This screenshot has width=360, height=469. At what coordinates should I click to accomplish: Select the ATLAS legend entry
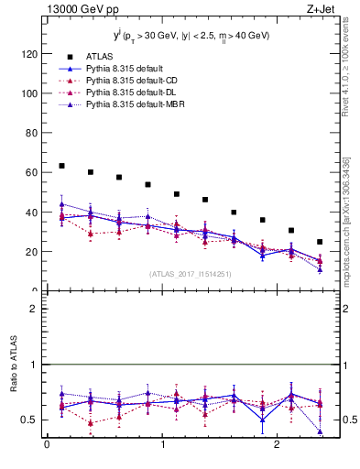(100, 56)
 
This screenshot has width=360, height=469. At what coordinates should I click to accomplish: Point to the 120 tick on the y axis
(28, 54)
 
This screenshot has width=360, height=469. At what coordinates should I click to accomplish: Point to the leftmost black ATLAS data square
(61, 166)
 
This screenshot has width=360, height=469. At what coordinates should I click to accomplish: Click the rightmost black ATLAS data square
(320, 242)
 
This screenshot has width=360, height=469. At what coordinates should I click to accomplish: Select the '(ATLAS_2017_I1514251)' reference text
(191, 274)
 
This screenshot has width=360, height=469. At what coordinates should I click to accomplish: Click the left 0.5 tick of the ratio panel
(31, 420)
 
